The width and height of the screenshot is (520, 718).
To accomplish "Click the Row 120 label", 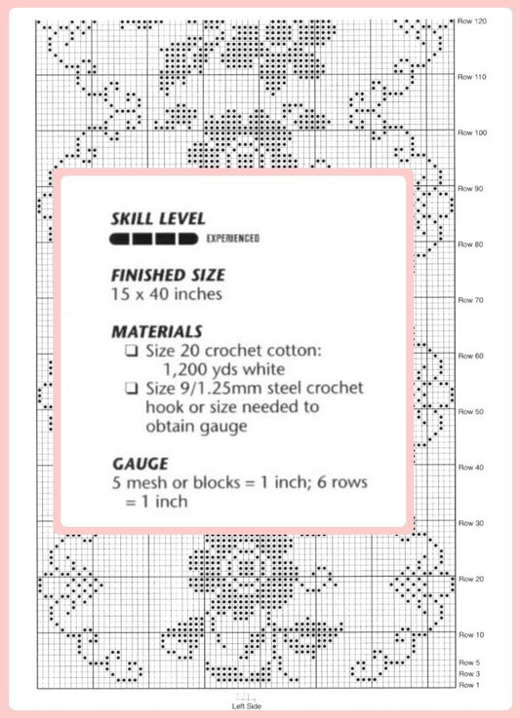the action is (x=472, y=21).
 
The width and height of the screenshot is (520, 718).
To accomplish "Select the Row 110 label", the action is (x=472, y=77).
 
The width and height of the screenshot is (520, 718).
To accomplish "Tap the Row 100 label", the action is (x=472, y=132).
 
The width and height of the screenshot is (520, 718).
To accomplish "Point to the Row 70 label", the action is (x=471, y=300).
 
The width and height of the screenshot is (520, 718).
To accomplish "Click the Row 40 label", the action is (x=471, y=468).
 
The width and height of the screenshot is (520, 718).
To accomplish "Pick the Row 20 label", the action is (x=471, y=580).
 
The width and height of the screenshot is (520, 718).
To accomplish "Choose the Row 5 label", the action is (x=469, y=662).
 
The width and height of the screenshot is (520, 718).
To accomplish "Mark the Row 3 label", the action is (x=469, y=674).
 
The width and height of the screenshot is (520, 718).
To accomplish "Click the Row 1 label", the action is (x=469, y=685).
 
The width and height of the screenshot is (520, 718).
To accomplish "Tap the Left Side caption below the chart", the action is (x=246, y=706).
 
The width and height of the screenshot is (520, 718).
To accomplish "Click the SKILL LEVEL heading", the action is (x=158, y=219).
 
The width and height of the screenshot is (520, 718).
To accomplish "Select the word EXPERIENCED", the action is (x=233, y=239).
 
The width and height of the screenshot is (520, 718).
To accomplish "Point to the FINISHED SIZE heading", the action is (x=168, y=275).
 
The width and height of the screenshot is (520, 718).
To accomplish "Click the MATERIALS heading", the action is (x=157, y=331).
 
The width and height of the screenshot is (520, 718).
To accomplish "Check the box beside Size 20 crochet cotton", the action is (x=132, y=352).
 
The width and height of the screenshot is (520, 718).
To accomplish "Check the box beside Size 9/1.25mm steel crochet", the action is (x=132, y=389).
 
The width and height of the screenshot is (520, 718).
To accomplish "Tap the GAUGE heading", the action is (x=140, y=464).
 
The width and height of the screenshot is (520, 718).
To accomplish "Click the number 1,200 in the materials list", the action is (x=184, y=369).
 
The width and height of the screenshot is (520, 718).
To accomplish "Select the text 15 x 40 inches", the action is (x=167, y=294).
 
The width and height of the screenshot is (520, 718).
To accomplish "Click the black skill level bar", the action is (x=153, y=239).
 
